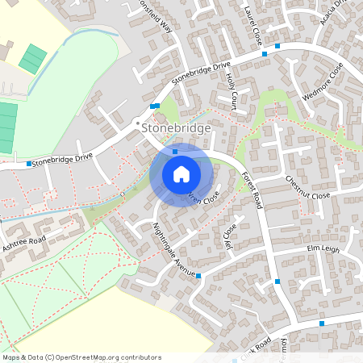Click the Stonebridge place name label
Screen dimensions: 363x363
[175, 127]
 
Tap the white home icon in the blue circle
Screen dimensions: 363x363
[181, 173]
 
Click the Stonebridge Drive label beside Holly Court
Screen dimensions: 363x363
[201, 73]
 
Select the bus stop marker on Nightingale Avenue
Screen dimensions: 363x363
[198, 276]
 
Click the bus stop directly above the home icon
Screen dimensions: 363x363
[175, 151]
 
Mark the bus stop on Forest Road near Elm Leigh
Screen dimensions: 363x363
[277, 281]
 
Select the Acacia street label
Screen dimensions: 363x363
[332, 13]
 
